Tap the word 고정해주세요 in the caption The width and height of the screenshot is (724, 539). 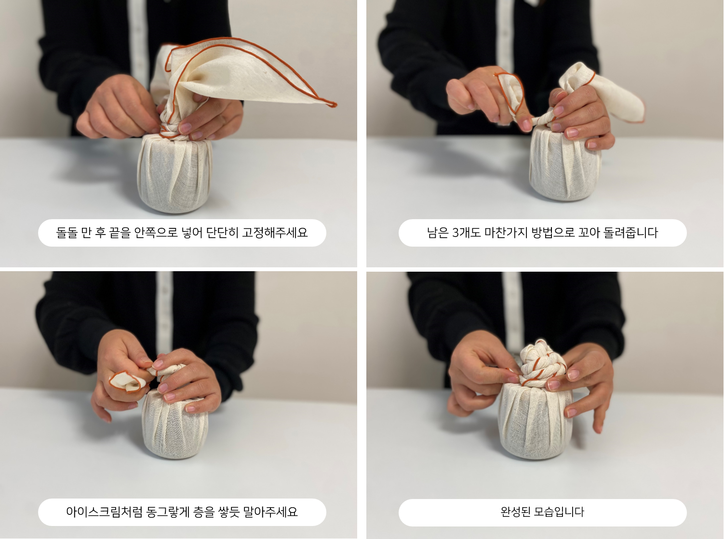point(275,233)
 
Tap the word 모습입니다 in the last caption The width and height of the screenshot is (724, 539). point(559,512)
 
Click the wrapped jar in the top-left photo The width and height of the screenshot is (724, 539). point(175,173)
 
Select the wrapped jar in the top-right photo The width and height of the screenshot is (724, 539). point(565,163)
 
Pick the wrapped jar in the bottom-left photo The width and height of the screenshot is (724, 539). point(175,424)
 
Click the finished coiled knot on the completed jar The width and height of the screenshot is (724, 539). point(542,363)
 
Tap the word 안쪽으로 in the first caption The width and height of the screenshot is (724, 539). point(156,233)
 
